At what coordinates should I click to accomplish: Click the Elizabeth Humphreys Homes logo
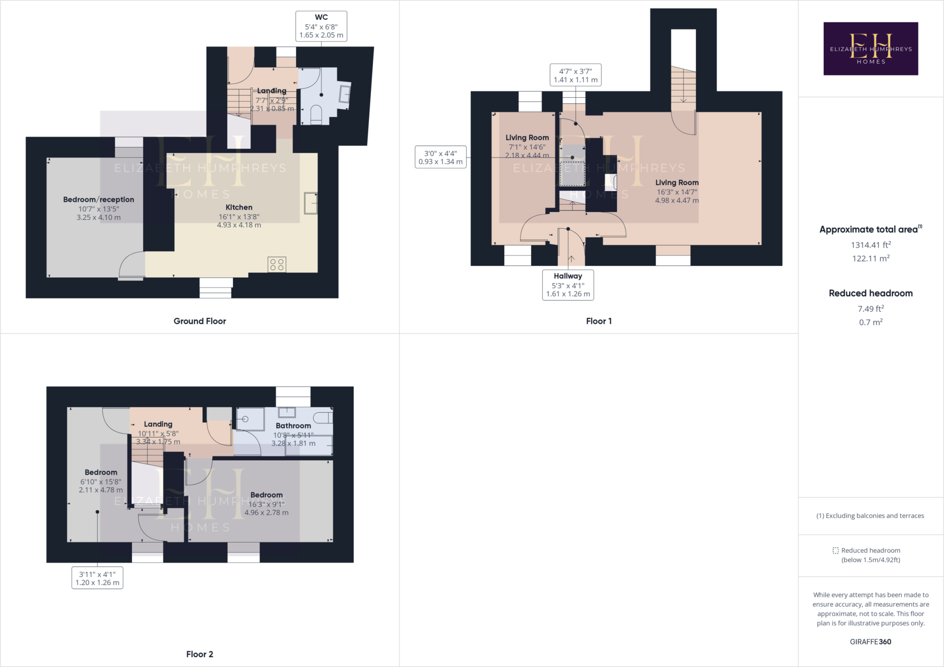[870, 48]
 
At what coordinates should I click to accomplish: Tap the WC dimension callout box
[321, 27]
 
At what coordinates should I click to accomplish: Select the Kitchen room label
[239, 207]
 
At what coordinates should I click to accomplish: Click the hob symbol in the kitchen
[277, 264]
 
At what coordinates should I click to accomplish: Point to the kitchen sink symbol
[311, 203]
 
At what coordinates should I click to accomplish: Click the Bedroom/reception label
[99, 199]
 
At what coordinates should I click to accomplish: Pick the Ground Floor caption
[200, 321]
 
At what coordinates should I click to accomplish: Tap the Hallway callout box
[568, 285]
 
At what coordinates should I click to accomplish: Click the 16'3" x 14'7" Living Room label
[677, 183]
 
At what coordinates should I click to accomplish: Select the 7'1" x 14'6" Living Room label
[527, 138]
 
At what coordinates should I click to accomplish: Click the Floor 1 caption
[599, 321]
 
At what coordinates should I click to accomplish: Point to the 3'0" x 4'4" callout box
[441, 157]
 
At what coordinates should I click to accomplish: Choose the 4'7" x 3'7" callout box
[575, 75]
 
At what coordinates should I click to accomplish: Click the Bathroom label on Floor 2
[293, 426]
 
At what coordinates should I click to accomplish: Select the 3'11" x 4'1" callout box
[97, 578]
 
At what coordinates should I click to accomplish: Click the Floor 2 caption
[200, 654]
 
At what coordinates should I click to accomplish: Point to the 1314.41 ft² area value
[870, 245]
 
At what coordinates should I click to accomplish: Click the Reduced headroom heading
[870, 293]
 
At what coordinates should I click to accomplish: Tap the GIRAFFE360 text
[870, 642]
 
